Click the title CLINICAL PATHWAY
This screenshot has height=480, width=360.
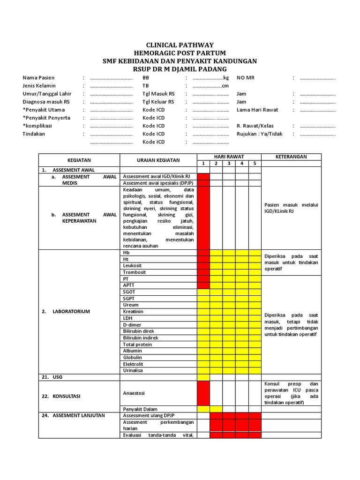pyautogui.click(x=180, y=45)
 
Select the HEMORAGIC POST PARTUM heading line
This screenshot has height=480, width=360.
pyautogui.click(x=180, y=53)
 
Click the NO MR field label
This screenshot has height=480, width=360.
pyautogui.click(x=245, y=78)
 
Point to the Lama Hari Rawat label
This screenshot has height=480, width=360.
pyautogui.click(x=257, y=110)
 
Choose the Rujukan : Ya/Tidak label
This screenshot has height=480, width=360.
pyautogui.click(x=259, y=134)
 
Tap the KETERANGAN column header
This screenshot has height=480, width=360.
pyautogui.click(x=291, y=157)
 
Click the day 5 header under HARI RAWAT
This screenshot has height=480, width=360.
pyautogui.click(x=255, y=164)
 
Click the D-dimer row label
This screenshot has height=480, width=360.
pyautogui.click(x=132, y=325)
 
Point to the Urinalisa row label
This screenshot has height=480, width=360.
pyautogui.click(x=133, y=371)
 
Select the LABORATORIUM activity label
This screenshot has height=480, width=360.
pyautogui.click(x=71, y=312)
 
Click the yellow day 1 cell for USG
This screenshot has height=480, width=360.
pyautogui.click(x=203, y=377)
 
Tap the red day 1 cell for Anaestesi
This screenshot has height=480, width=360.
pyautogui.click(x=203, y=393)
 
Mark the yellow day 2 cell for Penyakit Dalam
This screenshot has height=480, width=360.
pyautogui.click(x=216, y=409)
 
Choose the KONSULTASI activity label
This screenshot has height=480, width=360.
pyautogui.click(x=67, y=396)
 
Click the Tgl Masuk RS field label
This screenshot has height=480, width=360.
pyautogui.click(x=158, y=94)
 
